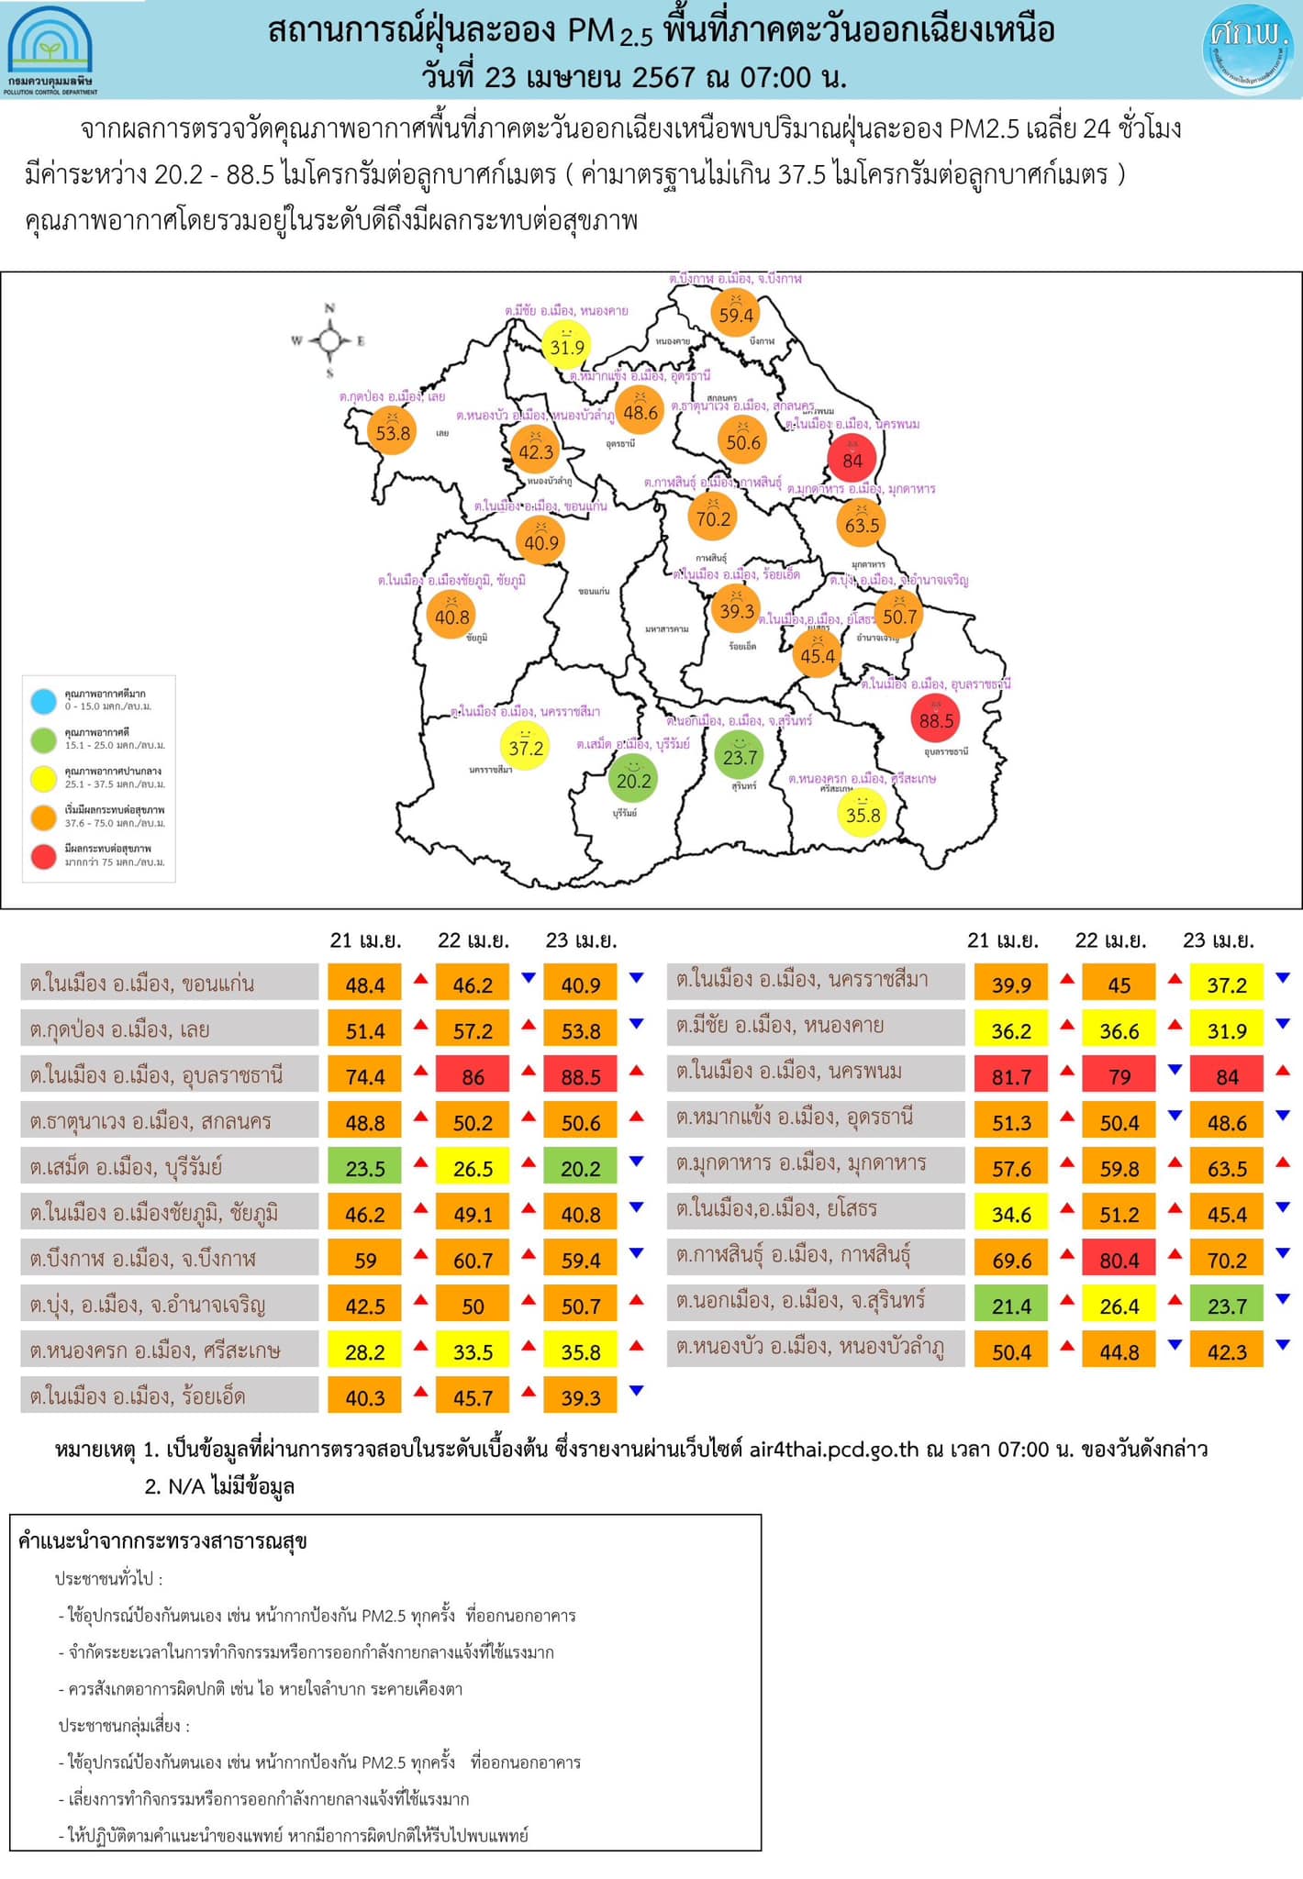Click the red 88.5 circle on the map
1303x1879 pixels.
point(936,719)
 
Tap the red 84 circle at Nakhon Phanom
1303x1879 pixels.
point(852,459)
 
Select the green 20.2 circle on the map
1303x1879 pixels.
point(633,780)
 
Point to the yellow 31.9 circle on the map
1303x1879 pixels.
point(566,346)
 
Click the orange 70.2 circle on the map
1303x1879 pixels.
point(713,518)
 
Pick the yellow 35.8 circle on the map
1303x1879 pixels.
point(863,814)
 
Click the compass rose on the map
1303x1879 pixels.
point(329,341)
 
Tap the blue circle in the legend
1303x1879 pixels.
point(43,701)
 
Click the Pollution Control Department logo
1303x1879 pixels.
point(50,50)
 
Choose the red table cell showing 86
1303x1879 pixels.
point(473,1076)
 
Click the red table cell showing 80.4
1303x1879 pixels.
point(1119,1260)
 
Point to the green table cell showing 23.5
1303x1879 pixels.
point(365,1168)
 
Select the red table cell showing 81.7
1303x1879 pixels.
point(1011,1076)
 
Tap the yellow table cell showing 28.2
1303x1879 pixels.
point(365,1351)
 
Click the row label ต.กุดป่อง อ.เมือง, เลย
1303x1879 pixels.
point(119,1029)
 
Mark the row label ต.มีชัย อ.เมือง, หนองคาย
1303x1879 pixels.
point(780,1025)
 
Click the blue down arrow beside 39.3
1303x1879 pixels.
point(636,1391)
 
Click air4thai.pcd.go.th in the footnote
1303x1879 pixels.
point(833,1449)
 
